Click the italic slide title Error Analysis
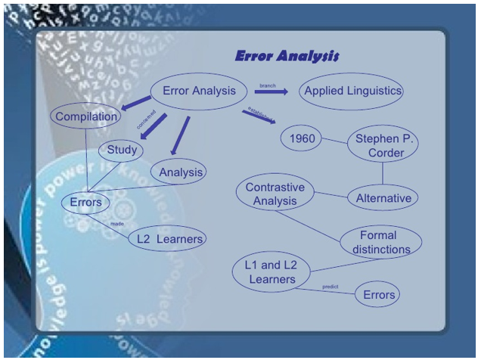(x=287, y=57)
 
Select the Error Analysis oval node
(x=199, y=91)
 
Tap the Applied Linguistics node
(x=351, y=92)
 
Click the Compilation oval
(x=86, y=116)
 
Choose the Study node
(x=121, y=150)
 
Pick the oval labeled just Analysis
(x=178, y=172)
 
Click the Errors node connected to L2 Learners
(x=85, y=203)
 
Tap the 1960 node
(x=301, y=138)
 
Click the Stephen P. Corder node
(x=383, y=145)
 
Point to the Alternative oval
(x=383, y=198)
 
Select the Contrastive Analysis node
(x=275, y=194)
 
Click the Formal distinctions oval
(x=378, y=242)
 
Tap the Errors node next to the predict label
(x=377, y=294)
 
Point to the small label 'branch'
(x=267, y=85)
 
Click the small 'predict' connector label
(x=330, y=287)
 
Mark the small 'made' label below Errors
(x=116, y=224)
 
